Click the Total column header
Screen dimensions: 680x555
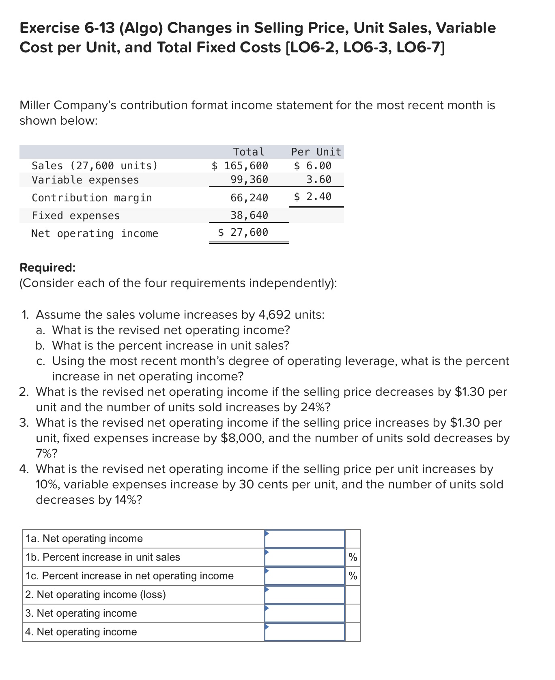249,152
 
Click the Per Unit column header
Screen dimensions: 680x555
316,152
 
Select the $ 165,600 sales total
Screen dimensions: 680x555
240,166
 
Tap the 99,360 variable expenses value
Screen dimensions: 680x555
249,179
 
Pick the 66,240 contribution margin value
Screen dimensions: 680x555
249,198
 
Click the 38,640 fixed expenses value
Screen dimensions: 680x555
249,215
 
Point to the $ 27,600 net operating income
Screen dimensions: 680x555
243,232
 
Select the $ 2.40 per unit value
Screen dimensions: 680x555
313,197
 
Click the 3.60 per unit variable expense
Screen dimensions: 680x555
318,179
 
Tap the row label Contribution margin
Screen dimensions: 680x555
92,198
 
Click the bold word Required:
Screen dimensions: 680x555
47,268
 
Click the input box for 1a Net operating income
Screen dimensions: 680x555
305,539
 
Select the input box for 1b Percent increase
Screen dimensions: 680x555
305,557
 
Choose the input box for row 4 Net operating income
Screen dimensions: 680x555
305,632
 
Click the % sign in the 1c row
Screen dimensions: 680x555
353,576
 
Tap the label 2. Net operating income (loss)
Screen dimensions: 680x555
95,595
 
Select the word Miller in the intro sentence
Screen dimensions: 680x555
35,106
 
